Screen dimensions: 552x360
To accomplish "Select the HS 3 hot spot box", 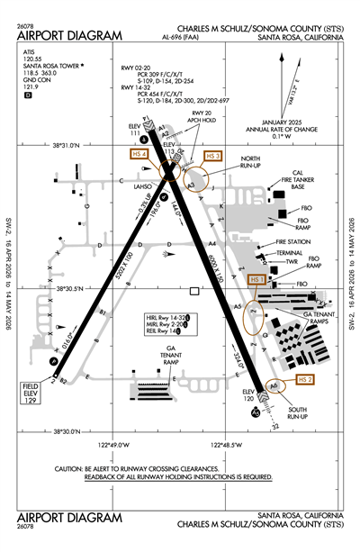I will click(212, 155).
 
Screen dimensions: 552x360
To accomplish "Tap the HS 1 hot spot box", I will click(256, 280).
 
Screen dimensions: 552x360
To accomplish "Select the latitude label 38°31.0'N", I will click(73, 145).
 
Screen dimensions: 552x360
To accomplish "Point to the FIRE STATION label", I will click(293, 241).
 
